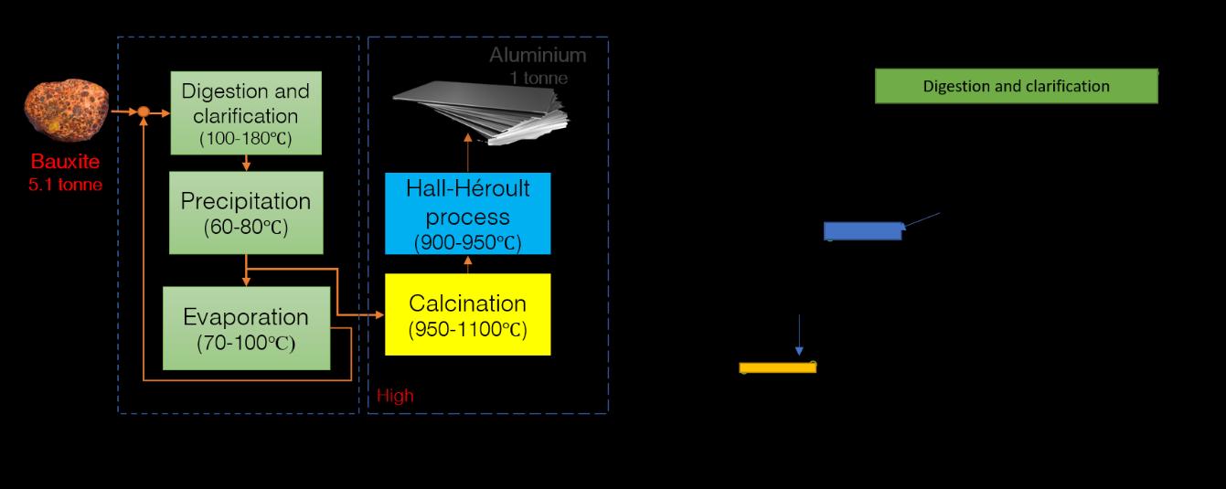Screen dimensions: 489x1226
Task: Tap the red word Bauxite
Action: tap(64, 162)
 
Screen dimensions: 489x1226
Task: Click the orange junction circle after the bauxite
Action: tap(144, 112)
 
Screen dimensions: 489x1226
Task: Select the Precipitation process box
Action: tap(246, 213)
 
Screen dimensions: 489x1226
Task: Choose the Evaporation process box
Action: tap(246, 328)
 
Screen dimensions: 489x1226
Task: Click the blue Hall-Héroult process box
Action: tap(467, 214)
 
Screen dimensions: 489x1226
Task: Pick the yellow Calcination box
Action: tap(467, 314)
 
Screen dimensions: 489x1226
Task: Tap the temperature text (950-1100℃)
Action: tap(467, 330)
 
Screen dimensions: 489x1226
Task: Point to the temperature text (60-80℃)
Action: tap(246, 228)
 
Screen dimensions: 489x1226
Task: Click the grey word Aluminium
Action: tap(538, 55)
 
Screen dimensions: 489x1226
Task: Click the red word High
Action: tap(395, 396)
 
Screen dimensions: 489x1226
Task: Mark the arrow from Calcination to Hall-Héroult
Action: tap(468, 264)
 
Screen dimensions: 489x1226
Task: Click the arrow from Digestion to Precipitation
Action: tap(246, 163)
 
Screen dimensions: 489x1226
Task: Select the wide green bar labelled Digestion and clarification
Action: tap(1017, 86)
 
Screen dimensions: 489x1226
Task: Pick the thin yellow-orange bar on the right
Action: tap(777, 367)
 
